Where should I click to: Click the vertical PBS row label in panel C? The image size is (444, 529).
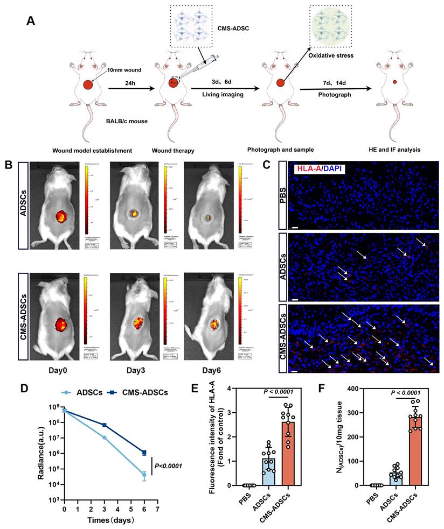[283, 194]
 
